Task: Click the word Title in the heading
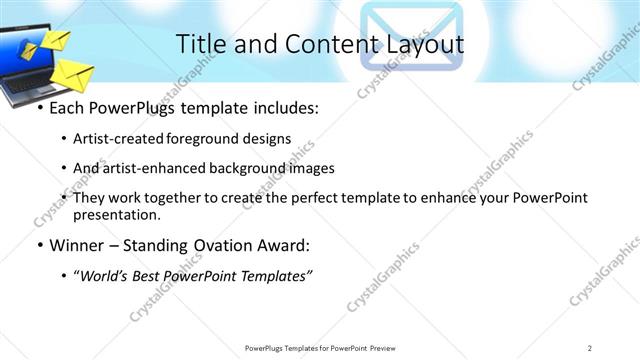[x=200, y=43]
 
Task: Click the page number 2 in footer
[x=590, y=347]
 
